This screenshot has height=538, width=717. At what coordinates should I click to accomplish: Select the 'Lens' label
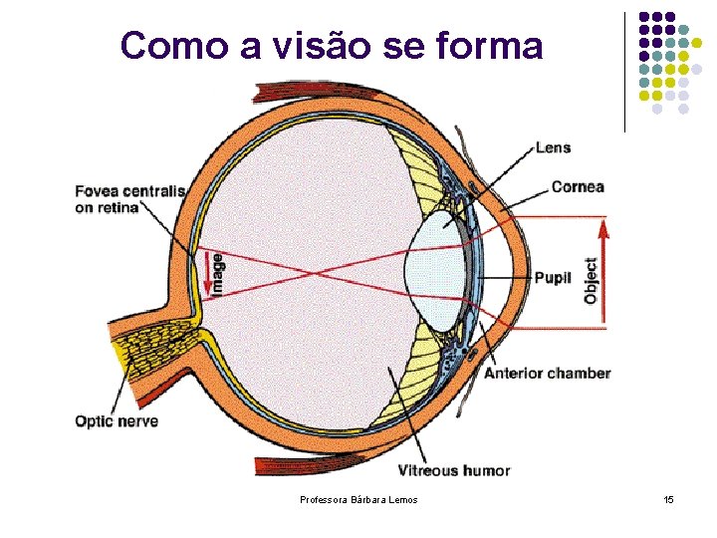pyautogui.click(x=553, y=147)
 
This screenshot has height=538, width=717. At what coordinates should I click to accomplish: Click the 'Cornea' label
pyautogui.click(x=577, y=186)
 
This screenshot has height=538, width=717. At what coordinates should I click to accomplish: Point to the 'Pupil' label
pyautogui.click(x=553, y=278)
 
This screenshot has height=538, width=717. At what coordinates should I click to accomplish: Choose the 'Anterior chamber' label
pyautogui.click(x=547, y=374)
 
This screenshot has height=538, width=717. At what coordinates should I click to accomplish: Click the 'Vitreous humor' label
pyautogui.click(x=453, y=470)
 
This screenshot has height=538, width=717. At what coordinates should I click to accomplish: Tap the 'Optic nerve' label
pyautogui.click(x=117, y=421)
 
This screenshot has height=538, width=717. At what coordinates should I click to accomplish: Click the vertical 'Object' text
pyautogui.click(x=592, y=281)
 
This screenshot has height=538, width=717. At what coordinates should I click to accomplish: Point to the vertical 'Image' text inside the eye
pyautogui.click(x=218, y=272)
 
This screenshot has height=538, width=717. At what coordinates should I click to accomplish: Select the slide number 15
pyautogui.click(x=668, y=499)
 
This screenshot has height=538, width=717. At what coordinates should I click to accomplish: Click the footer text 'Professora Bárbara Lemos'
pyautogui.click(x=358, y=499)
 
